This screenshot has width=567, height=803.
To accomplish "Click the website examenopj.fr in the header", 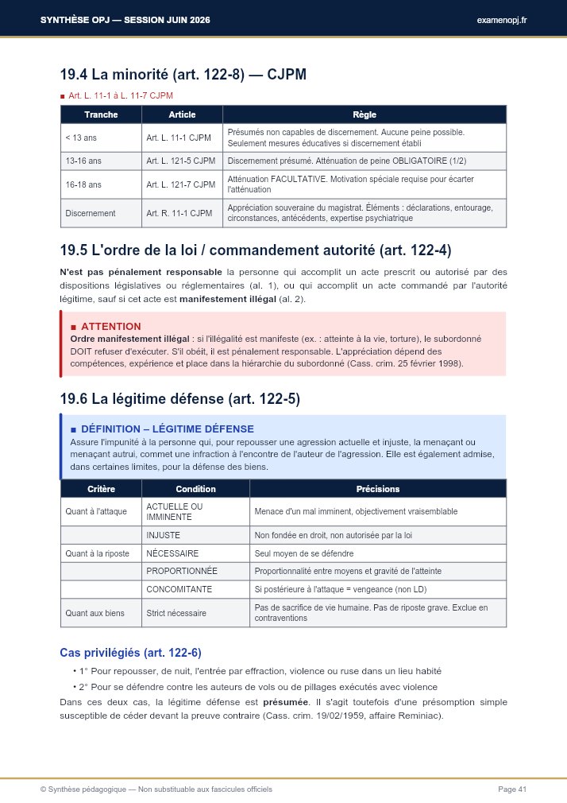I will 502,19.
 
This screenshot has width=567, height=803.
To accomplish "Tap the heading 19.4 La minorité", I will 183,76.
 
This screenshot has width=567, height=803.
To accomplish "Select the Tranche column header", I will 101,114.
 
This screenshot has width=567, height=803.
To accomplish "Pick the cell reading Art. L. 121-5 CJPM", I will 181,161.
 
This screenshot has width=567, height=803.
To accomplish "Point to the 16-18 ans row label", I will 83,184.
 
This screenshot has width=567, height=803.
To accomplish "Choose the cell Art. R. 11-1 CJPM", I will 179,213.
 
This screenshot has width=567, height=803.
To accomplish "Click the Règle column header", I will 364,114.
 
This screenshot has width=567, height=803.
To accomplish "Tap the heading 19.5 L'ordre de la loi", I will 255,250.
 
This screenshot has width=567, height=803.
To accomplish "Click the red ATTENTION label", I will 110,326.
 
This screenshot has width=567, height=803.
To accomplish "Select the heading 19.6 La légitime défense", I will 180,399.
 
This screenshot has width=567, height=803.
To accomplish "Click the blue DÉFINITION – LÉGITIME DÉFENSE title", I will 167,429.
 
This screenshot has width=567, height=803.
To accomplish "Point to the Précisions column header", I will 377,489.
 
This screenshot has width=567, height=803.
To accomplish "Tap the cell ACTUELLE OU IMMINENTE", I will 175,511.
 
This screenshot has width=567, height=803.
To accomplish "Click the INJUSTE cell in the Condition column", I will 164,535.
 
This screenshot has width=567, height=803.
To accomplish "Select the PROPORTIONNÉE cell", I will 182,571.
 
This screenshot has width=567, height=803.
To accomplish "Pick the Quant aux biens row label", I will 95,613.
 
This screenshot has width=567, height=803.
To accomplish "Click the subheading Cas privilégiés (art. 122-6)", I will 130,653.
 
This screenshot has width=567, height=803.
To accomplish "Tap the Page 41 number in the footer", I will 512,789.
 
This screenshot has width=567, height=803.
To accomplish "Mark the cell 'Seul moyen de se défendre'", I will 304,553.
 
